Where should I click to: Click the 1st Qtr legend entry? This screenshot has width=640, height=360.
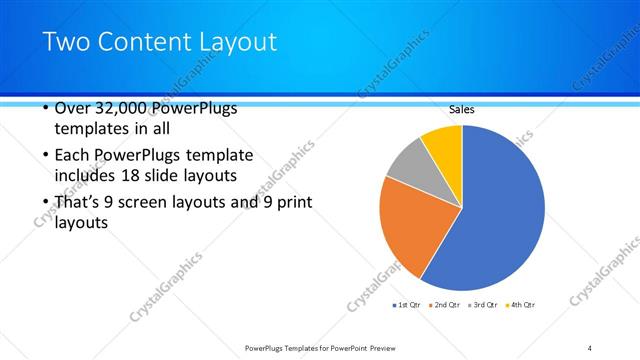407,304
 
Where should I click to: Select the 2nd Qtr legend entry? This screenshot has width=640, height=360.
445,304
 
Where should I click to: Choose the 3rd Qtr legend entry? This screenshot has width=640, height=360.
484,304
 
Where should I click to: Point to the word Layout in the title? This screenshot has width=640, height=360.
239,42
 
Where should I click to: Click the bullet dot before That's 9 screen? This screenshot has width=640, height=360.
46,203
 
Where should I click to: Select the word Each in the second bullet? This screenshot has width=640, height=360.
75,156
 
